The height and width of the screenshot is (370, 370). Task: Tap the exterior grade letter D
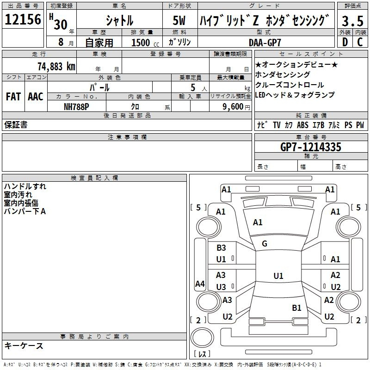tap(345, 42)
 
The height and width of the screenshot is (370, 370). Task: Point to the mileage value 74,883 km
tap(56, 66)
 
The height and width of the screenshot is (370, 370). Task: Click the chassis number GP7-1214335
tap(311, 147)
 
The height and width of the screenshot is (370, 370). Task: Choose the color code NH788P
tap(77, 106)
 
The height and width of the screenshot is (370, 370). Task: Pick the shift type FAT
tap(13, 97)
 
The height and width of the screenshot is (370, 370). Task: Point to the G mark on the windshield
tap(265, 244)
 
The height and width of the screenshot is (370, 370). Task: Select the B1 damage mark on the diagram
tap(296, 308)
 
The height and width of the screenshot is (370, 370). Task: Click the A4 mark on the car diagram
tap(200, 284)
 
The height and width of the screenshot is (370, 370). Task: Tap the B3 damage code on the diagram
tap(221, 248)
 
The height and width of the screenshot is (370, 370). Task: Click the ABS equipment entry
tap(302, 125)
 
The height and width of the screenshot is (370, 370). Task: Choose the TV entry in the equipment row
tap(277, 125)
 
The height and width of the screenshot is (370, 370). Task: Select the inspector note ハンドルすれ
tap(25, 187)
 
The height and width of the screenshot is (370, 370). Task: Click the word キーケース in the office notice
tap(24, 345)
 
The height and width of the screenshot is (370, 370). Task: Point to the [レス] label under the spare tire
tap(202, 355)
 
